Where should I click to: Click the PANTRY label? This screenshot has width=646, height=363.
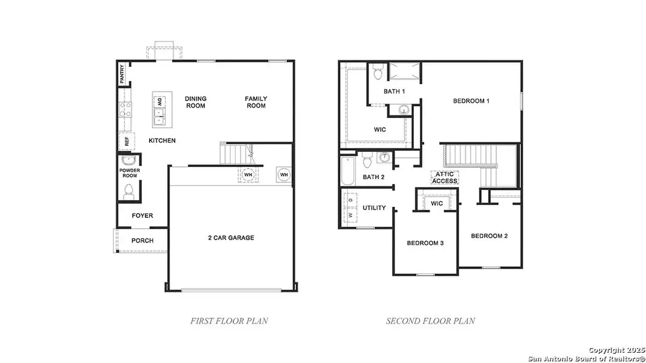coord(122,74)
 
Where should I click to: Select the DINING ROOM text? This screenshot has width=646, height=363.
coord(195,102)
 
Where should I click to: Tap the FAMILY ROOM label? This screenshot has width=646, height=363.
coord(256,102)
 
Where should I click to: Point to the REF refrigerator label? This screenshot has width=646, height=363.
coord(127,142)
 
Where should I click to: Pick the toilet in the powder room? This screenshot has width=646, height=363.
coord(128,191)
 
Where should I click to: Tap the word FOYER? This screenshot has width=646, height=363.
coord(142,216)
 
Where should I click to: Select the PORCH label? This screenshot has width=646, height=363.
coord(142,241)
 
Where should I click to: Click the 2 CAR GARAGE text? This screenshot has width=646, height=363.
coord(230,238)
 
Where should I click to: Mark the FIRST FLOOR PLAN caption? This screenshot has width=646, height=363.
coord(229,321)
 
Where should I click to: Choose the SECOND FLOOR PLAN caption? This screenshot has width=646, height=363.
coord(431,321)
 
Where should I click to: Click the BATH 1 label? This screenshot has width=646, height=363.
coord(394,91)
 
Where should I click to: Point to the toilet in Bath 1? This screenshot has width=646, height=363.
coord(378,73)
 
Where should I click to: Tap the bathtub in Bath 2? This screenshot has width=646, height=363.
coord(347,172)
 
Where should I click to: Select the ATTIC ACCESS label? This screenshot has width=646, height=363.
coord(445,177)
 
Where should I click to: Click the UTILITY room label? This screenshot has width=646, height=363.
coord(374,208)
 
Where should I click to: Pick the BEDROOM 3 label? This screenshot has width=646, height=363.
coord(425,243)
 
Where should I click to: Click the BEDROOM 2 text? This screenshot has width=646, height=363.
coord(489,236)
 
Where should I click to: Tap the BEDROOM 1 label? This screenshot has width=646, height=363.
coord(471,101)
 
